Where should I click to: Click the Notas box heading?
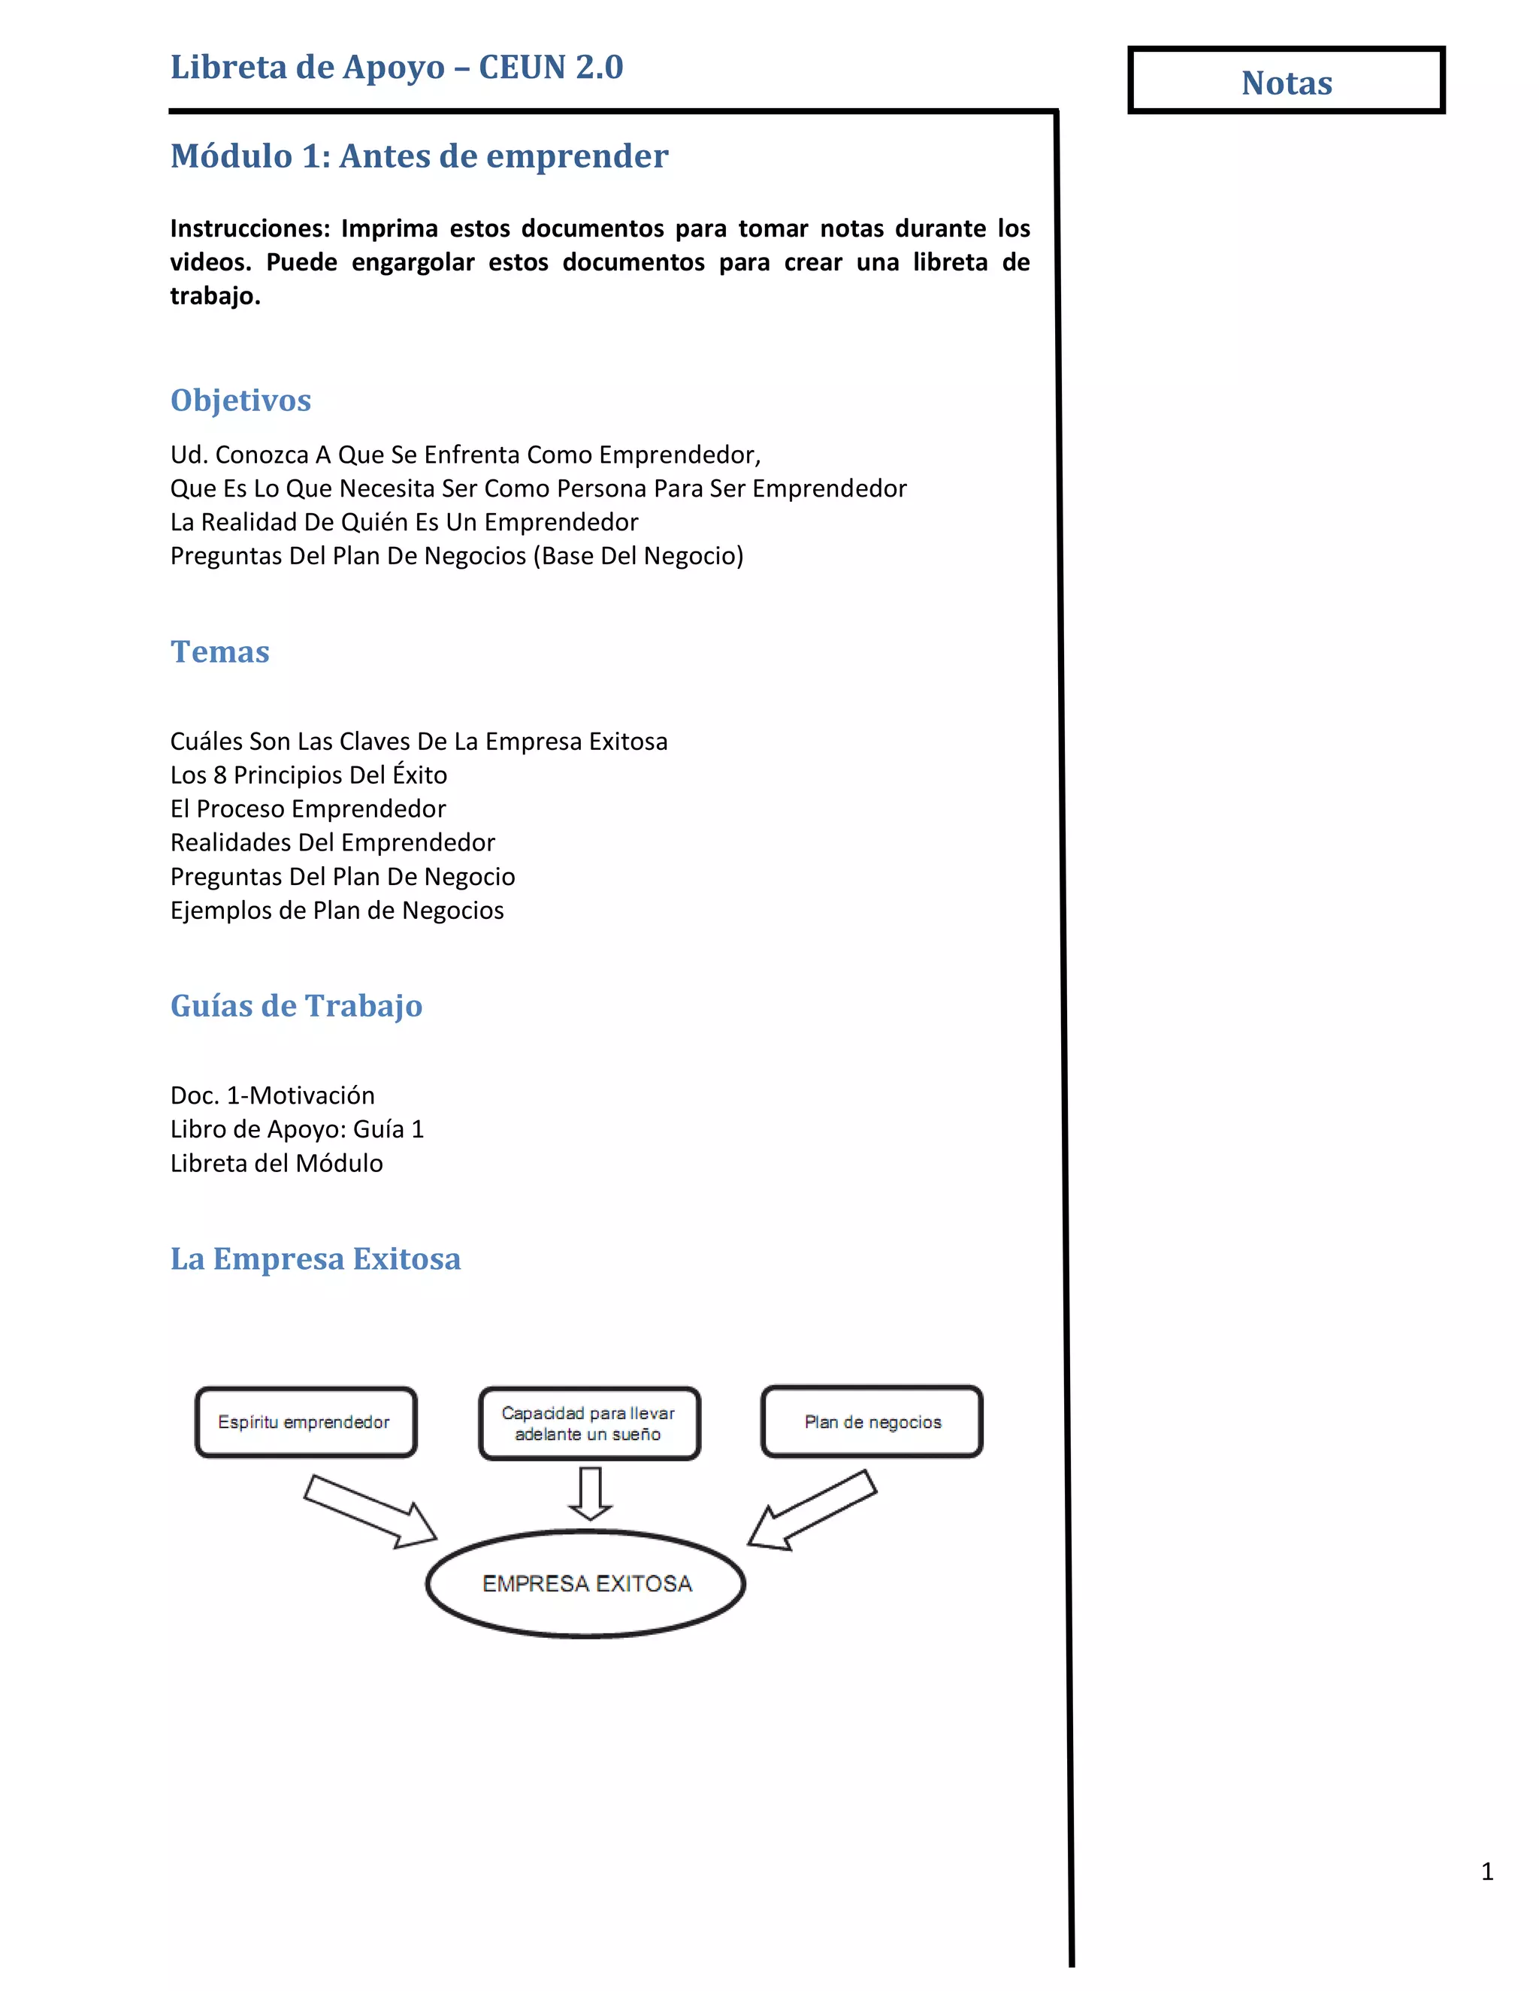click(1286, 82)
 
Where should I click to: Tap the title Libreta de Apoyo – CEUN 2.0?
click(397, 68)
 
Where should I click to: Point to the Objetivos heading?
click(240, 400)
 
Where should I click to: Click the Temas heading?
click(219, 652)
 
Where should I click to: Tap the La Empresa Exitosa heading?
click(316, 1259)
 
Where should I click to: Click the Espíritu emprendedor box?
click(305, 1422)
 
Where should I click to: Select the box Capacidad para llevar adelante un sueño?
click(589, 1423)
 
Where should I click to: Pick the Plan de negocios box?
click(872, 1422)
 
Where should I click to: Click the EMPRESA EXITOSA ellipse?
click(586, 1584)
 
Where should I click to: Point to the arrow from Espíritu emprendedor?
click(369, 1512)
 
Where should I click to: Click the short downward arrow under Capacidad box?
click(590, 1492)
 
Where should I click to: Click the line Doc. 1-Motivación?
click(272, 1095)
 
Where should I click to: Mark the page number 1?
click(1487, 1872)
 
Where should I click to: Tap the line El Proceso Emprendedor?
click(307, 808)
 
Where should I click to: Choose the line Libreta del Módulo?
click(277, 1163)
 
